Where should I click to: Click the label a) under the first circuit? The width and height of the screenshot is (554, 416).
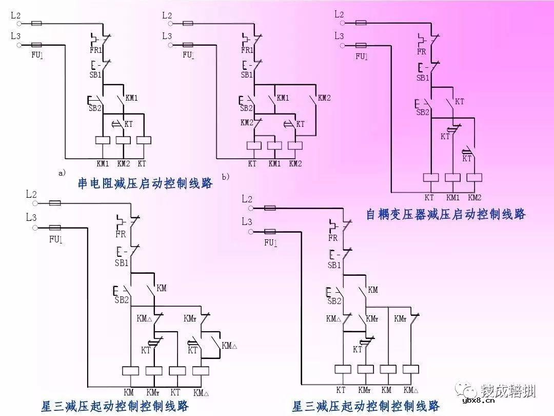tap(62, 173)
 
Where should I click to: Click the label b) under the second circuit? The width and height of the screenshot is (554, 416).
tap(225, 177)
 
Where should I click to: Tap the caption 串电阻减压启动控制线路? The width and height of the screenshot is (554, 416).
tap(145, 184)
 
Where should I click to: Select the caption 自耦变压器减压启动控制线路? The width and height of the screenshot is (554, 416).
tap(446, 214)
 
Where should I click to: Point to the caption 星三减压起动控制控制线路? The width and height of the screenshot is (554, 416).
tap(115, 406)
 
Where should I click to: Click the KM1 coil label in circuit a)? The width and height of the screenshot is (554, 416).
tap(103, 164)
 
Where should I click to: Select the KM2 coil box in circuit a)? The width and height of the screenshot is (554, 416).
tap(123, 140)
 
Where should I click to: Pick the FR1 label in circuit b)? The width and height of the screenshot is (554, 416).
tap(247, 50)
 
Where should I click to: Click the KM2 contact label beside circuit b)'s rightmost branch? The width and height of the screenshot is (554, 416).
tap(324, 98)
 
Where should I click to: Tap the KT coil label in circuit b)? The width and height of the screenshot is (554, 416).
tap(252, 164)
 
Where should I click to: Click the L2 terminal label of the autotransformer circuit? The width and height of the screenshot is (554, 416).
tap(339, 14)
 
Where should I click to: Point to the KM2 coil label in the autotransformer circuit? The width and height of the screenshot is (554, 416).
tap(474, 197)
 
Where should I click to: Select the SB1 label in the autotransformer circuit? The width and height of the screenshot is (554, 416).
tap(422, 78)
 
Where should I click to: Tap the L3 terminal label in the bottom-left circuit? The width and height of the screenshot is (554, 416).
tap(31, 217)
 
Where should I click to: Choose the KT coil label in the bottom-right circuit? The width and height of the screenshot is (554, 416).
tap(341, 390)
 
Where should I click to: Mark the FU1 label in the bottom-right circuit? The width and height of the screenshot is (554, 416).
tap(270, 243)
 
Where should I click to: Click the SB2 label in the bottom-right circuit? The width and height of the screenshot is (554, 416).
tap(334, 301)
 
